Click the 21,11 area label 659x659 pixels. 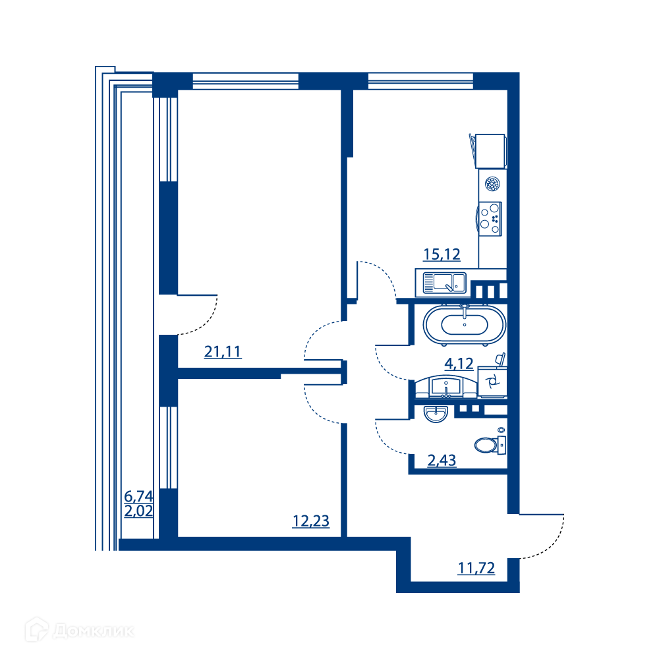coord(223,351)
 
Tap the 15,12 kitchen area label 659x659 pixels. coord(442,254)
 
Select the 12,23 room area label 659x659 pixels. coord(311,521)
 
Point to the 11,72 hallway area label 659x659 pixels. coord(476,568)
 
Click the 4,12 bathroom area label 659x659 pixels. coord(459,364)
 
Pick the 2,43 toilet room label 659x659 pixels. coord(442,461)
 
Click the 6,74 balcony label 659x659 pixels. coord(138,496)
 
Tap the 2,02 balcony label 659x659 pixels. coord(138,511)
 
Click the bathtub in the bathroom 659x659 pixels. coord(465,325)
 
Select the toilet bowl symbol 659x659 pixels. coord(490,444)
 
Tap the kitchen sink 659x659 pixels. coord(445,283)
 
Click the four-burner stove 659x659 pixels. coord(490,219)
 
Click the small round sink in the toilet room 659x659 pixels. coord(436,414)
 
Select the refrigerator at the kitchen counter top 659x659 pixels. coord(488,152)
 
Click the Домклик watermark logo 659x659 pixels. coord(80,630)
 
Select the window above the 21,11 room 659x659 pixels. coord(245,81)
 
